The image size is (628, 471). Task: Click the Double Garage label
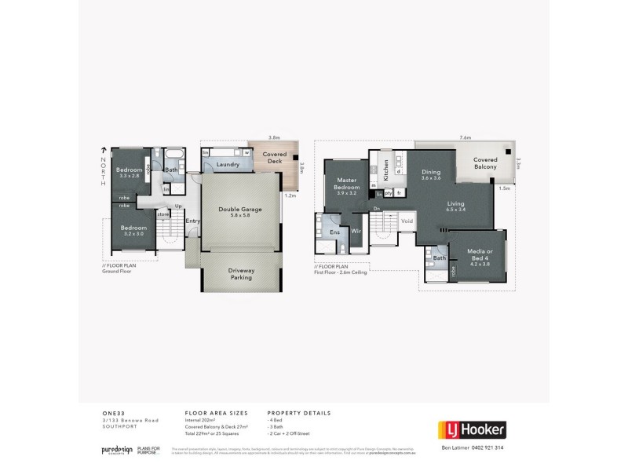click(240, 210)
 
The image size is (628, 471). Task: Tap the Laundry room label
click(228, 164)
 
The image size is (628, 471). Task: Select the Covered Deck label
click(273, 159)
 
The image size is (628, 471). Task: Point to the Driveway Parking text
click(240, 274)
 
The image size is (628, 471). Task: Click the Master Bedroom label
click(346, 184)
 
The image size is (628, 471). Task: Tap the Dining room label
click(431, 173)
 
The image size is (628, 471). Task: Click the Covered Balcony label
click(484, 163)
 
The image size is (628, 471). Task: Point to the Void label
click(407, 221)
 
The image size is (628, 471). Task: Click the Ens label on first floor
click(334, 232)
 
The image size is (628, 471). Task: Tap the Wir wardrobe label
click(355, 232)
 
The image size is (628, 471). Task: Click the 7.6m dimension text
click(466, 137)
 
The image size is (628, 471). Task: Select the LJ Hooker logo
click(470, 429)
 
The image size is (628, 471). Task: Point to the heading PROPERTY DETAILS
click(299, 412)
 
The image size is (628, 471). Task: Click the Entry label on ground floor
click(192, 221)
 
